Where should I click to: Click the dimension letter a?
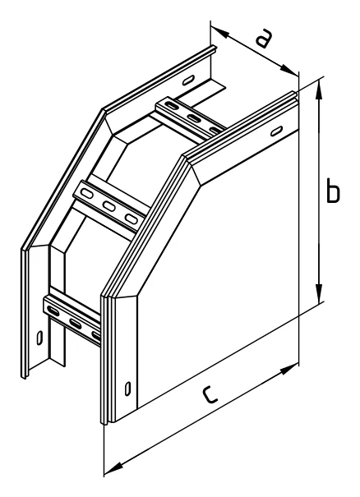tap(264, 38)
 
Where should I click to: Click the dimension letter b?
tap(333, 191)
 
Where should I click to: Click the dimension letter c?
tap(210, 394)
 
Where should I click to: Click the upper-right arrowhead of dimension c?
tap(288, 370)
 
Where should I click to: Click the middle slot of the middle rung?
tap(108, 206)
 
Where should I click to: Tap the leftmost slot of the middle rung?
tap(86, 193)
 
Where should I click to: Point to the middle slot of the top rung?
tap(194, 118)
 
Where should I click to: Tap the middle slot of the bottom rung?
tap(76, 324)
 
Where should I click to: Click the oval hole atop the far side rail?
tap(188, 80)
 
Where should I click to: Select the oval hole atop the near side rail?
tap(276, 131)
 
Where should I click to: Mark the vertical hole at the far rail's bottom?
tap(39, 338)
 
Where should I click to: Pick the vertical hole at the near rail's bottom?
tap(127, 389)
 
